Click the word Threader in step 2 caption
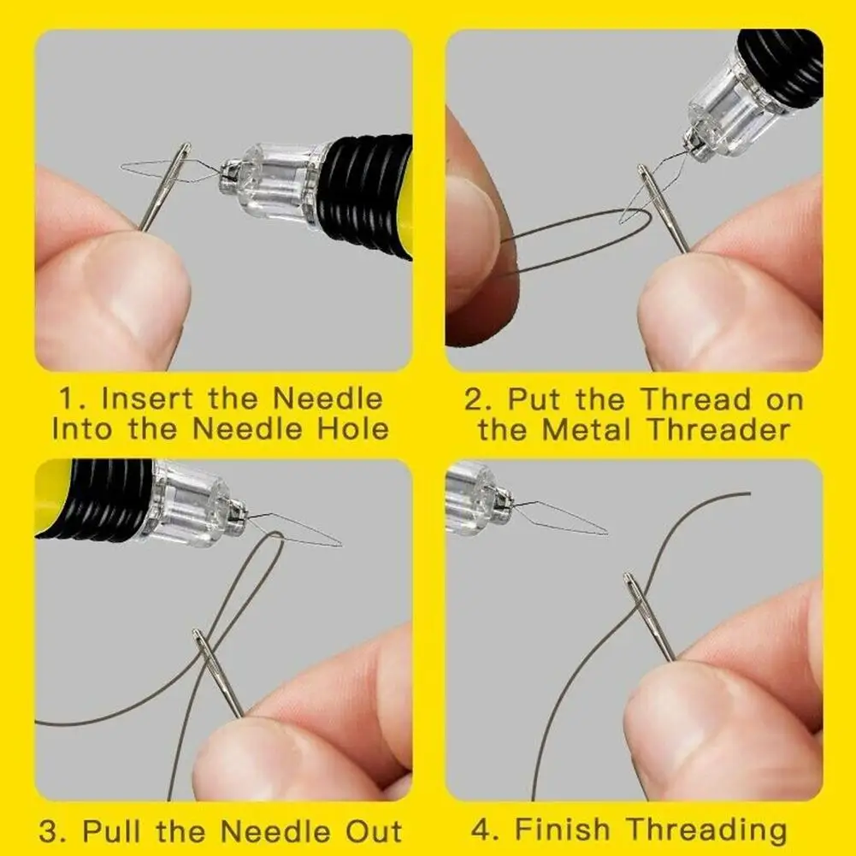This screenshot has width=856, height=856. pyautogui.click(x=718, y=429)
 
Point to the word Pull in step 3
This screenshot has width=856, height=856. pyautogui.click(x=113, y=831)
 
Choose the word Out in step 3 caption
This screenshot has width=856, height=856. pyautogui.click(x=374, y=831)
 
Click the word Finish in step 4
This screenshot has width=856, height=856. pyautogui.click(x=563, y=829)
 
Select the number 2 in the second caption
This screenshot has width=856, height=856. pyautogui.click(x=473, y=399)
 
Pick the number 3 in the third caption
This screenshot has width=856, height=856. pyautogui.click(x=49, y=831)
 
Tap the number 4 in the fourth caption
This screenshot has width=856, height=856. pyautogui.click(x=481, y=829)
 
